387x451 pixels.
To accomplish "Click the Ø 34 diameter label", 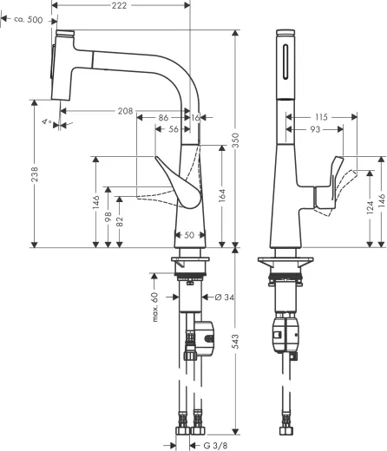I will tap(225, 297).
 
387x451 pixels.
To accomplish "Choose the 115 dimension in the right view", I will tap(322, 116).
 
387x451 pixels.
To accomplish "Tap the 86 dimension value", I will tap(164, 116).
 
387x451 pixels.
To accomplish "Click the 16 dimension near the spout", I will tap(197, 116).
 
